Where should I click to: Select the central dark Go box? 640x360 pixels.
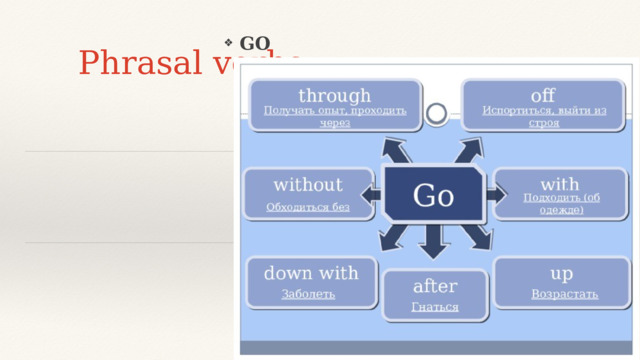coord(434,196)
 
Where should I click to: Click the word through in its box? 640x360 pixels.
coord(334,96)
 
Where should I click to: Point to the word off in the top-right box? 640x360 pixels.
coord(543,96)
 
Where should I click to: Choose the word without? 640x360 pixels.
coord(308,185)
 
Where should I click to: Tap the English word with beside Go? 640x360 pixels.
coord(559,184)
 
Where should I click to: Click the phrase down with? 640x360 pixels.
coord(310,272)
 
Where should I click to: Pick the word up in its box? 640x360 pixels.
coord(562,272)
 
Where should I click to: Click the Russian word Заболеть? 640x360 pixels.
coord(308,294)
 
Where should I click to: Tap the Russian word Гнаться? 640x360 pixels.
coord(434,307)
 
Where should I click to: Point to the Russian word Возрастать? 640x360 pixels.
coord(564,294)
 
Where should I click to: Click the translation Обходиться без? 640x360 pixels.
coord(308,207)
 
